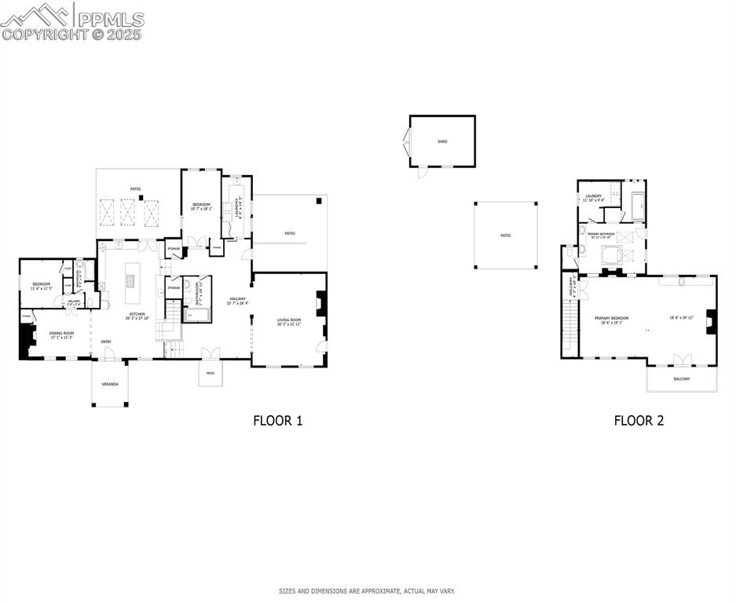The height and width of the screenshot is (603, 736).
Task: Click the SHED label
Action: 442,141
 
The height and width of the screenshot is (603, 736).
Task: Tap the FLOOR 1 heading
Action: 277,420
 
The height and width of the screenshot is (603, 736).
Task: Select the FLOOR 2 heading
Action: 639,420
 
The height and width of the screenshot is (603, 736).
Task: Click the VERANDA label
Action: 111,384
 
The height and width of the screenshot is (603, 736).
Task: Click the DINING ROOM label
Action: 62,334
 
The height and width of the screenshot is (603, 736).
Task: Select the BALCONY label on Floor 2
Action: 682,379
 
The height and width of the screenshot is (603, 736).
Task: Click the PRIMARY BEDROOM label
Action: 611,319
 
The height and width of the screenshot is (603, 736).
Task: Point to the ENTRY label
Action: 106,342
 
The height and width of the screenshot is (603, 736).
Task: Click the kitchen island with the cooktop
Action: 130,281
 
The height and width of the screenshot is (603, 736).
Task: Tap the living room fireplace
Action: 319,304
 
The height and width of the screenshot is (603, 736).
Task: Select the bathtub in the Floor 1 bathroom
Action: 197,316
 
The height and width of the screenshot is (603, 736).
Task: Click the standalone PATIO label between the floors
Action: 506,236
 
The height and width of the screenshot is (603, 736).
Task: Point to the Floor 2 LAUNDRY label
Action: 593,197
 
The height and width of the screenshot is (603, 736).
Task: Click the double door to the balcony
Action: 681,360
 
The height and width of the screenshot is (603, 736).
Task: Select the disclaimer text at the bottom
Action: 367,591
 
